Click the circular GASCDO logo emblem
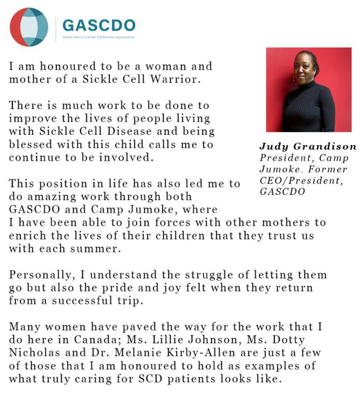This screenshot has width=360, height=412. point(29,27)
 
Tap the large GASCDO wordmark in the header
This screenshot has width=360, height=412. point(99,25)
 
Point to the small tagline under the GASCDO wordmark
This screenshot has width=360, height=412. point(99,37)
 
